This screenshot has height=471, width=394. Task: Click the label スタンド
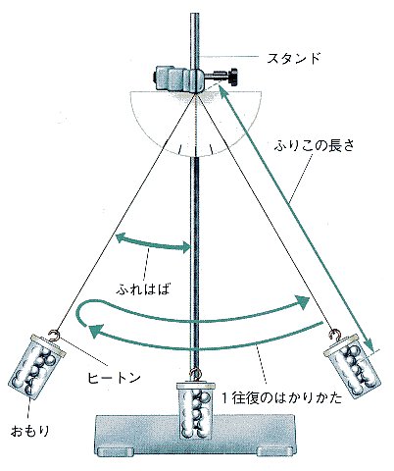coord(293,58)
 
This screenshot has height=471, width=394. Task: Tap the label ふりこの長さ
coord(314,146)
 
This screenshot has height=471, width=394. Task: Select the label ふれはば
coord(143,288)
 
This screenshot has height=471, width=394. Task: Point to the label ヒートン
coord(114,378)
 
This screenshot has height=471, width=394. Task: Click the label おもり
coord(30,431)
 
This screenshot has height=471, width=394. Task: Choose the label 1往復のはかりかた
coord(281,397)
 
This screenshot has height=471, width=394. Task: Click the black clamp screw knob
coord(233,77)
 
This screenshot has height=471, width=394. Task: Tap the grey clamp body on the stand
coord(179,78)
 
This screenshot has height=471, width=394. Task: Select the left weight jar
coord(36,366)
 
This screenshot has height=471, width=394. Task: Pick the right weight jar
coord(352,366)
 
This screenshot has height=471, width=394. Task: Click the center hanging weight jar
coord(196,411)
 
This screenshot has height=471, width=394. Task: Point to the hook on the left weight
coord(55,336)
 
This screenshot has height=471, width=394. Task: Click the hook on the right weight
coord(335,336)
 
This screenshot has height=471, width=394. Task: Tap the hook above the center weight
coord(195,374)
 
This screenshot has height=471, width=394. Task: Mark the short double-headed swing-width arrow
coord(153,244)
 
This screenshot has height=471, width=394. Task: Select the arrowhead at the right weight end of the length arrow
coord(369,344)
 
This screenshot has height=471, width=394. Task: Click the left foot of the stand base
coord(117,451)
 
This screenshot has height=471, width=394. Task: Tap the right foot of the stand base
coord(274,451)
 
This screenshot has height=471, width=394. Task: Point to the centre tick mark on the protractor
coord(196,149)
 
